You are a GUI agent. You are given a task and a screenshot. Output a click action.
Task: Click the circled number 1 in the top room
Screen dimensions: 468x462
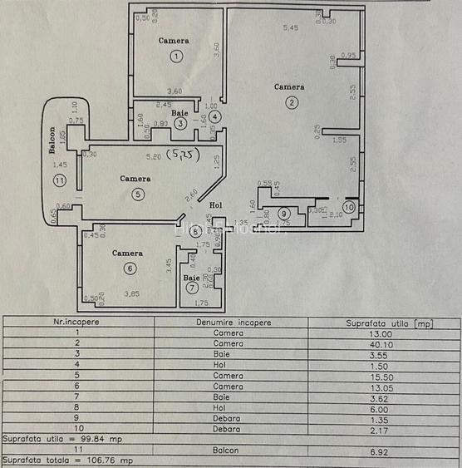[176, 56]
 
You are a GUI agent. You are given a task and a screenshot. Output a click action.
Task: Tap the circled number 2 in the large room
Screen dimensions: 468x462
[292, 102]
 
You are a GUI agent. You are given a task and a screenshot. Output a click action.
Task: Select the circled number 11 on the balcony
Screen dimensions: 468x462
[58, 180]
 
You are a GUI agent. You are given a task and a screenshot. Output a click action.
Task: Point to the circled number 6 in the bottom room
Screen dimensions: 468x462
[130, 268]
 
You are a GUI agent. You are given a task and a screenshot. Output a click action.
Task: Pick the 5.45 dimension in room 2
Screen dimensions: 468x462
[290, 28]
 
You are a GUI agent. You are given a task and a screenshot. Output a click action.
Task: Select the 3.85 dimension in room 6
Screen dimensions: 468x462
[132, 293]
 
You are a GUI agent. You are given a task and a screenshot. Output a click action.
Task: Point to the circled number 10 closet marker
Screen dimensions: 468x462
[349, 206]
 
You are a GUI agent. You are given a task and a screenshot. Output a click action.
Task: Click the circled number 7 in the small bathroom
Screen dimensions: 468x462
[192, 288]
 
